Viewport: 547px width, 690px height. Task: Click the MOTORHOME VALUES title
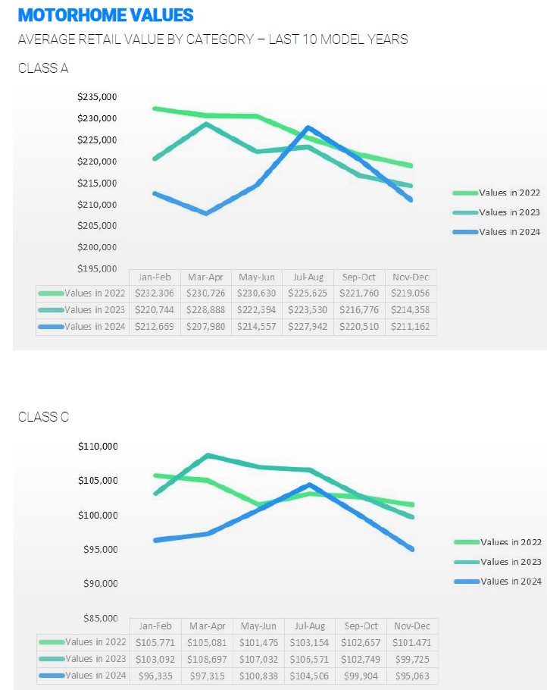[105, 15]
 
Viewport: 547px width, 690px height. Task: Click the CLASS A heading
[43, 68]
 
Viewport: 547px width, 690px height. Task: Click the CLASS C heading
[43, 417]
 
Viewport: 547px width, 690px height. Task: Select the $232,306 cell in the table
[155, 293]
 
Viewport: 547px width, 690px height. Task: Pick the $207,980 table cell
[206, 327]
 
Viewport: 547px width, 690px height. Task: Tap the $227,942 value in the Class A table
[308, 327]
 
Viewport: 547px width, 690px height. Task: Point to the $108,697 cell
[206, 659]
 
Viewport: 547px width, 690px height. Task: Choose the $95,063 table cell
[411, 676]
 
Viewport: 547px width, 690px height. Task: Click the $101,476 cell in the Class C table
[258, 642]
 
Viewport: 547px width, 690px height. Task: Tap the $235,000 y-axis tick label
[97, 97]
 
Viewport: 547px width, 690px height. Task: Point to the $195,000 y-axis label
[97, 268]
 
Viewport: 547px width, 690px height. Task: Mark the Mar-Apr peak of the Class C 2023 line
[207, 456]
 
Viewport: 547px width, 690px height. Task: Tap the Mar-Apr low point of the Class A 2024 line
[206, 214]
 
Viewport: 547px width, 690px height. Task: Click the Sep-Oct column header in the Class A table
[360, 278]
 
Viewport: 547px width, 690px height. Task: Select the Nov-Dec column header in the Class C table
[411, 626]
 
